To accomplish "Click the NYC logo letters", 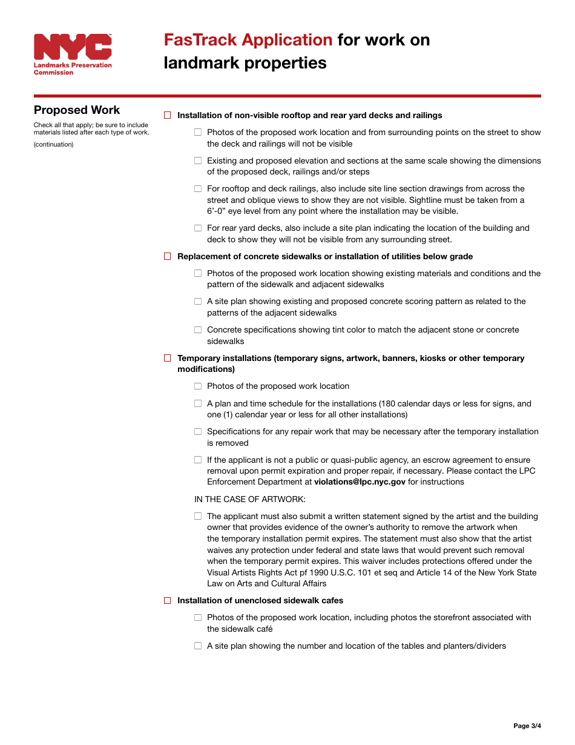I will point(73,47).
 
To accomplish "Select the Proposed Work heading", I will point(77,110).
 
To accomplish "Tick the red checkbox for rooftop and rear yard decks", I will point(168,115).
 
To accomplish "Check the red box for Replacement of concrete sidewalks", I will point(168,256).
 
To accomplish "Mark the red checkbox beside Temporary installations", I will point(168,358).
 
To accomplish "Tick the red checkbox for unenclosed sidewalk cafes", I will point(168,600).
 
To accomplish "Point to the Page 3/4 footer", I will point(527,726).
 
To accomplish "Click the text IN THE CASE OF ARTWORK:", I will point(250,499).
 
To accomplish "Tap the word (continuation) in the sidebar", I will point(53,144).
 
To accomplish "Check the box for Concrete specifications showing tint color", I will point(198,330).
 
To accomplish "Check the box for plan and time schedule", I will point(198,403).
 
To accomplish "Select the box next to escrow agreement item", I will point(198,460).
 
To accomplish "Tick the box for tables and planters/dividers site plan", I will point(198,646).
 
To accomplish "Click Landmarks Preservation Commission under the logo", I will point(72,68).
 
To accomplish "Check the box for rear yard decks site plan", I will point(198,228).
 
